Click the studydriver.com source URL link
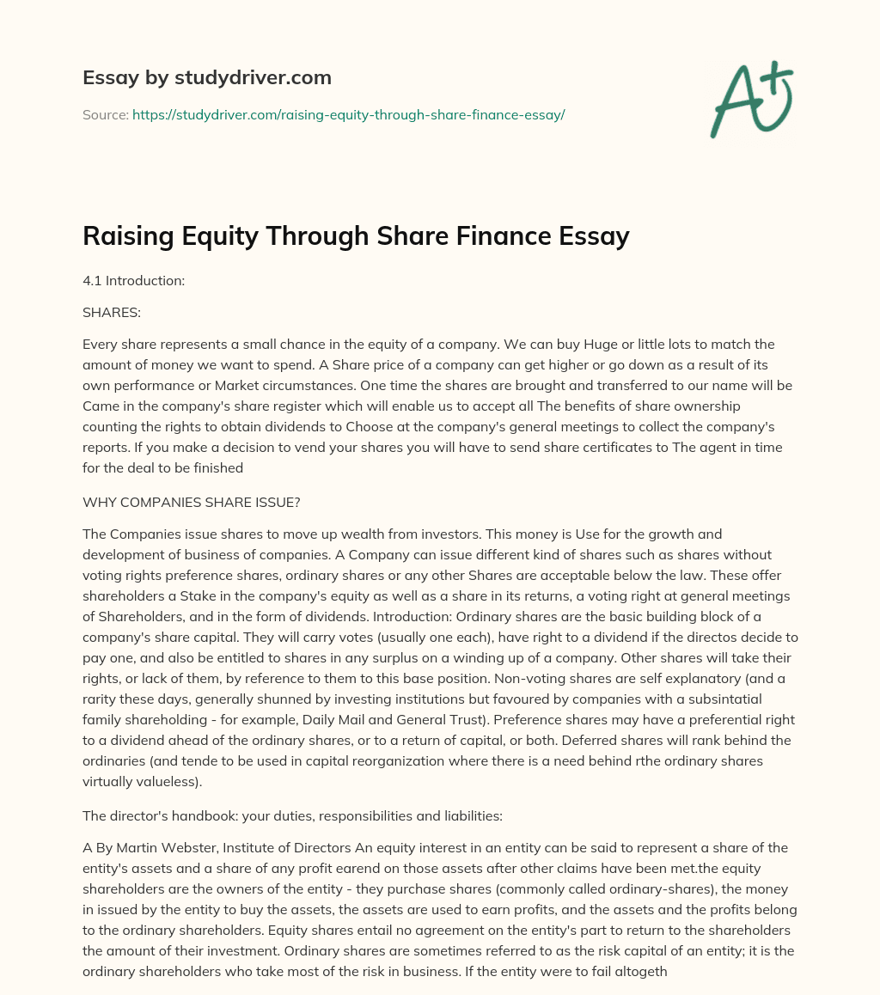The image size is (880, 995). [x=348, y=114]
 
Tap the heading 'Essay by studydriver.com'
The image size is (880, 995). [x=206, y=77]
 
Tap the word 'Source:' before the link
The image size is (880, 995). [x=105, y=114]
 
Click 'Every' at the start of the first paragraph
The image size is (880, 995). [x=101, y=344]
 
